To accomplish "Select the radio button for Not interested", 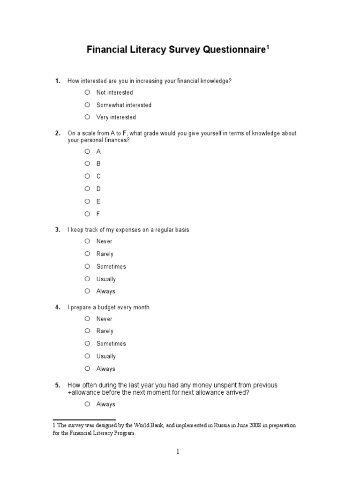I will tap(87, 92).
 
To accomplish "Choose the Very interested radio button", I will tap(87, 117).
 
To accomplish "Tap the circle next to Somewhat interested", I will tap(87, 105).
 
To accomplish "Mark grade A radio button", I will tap(87, 151).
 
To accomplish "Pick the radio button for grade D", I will tap(87, 188).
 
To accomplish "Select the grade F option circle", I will tap(87, 213).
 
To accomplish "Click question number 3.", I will tap(58, 230).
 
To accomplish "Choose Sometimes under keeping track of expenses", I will tap(87, 266).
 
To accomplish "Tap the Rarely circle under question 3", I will tap(87, 254).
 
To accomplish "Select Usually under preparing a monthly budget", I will tap(87, 356).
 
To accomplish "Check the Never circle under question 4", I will tap(87, 318).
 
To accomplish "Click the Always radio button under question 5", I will tap(87, 404).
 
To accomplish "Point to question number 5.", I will tap(58, 385).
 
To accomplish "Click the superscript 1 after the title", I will tap(268, 46).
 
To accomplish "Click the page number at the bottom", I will tap(178, 452).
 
